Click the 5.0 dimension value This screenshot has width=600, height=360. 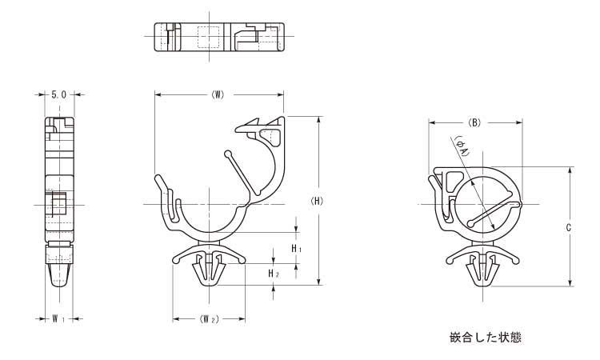(x=58, y=94)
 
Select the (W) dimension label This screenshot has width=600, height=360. (x=218, y=95)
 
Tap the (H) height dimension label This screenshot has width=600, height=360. (x=317, y=201)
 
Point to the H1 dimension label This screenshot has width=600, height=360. (x=297, y=249)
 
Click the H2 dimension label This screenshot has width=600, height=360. (x=274, y=274)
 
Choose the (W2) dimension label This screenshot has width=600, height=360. (x=209, y=319)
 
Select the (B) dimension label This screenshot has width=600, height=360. (x=474, y=122)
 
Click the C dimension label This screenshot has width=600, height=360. (x=569, y=228)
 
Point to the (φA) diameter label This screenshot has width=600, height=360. (x=462, y=146)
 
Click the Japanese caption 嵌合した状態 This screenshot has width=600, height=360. (x=486, y=337)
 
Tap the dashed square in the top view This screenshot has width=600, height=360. (x=209, y=37)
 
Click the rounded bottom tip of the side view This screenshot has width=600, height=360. (x=59, y=283)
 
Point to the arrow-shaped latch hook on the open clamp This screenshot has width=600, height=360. (x=248, y=127)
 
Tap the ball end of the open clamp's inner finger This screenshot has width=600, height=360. (x=228, y=154)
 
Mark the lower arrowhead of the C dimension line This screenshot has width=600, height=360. (x=570, y=282)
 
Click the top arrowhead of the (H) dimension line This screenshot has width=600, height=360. (x=318, y=120)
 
